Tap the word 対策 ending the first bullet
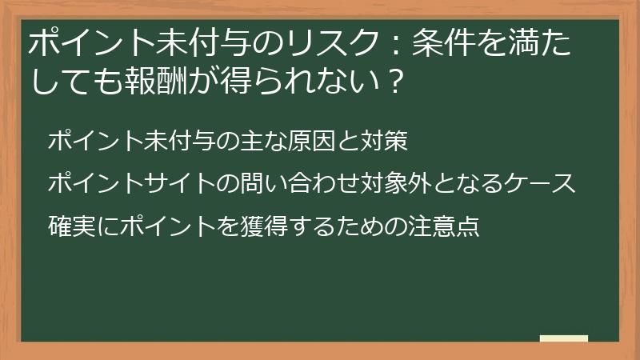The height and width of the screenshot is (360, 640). click(x=385, y=142)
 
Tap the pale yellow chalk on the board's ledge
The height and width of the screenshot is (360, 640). click(x=563, y=338)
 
